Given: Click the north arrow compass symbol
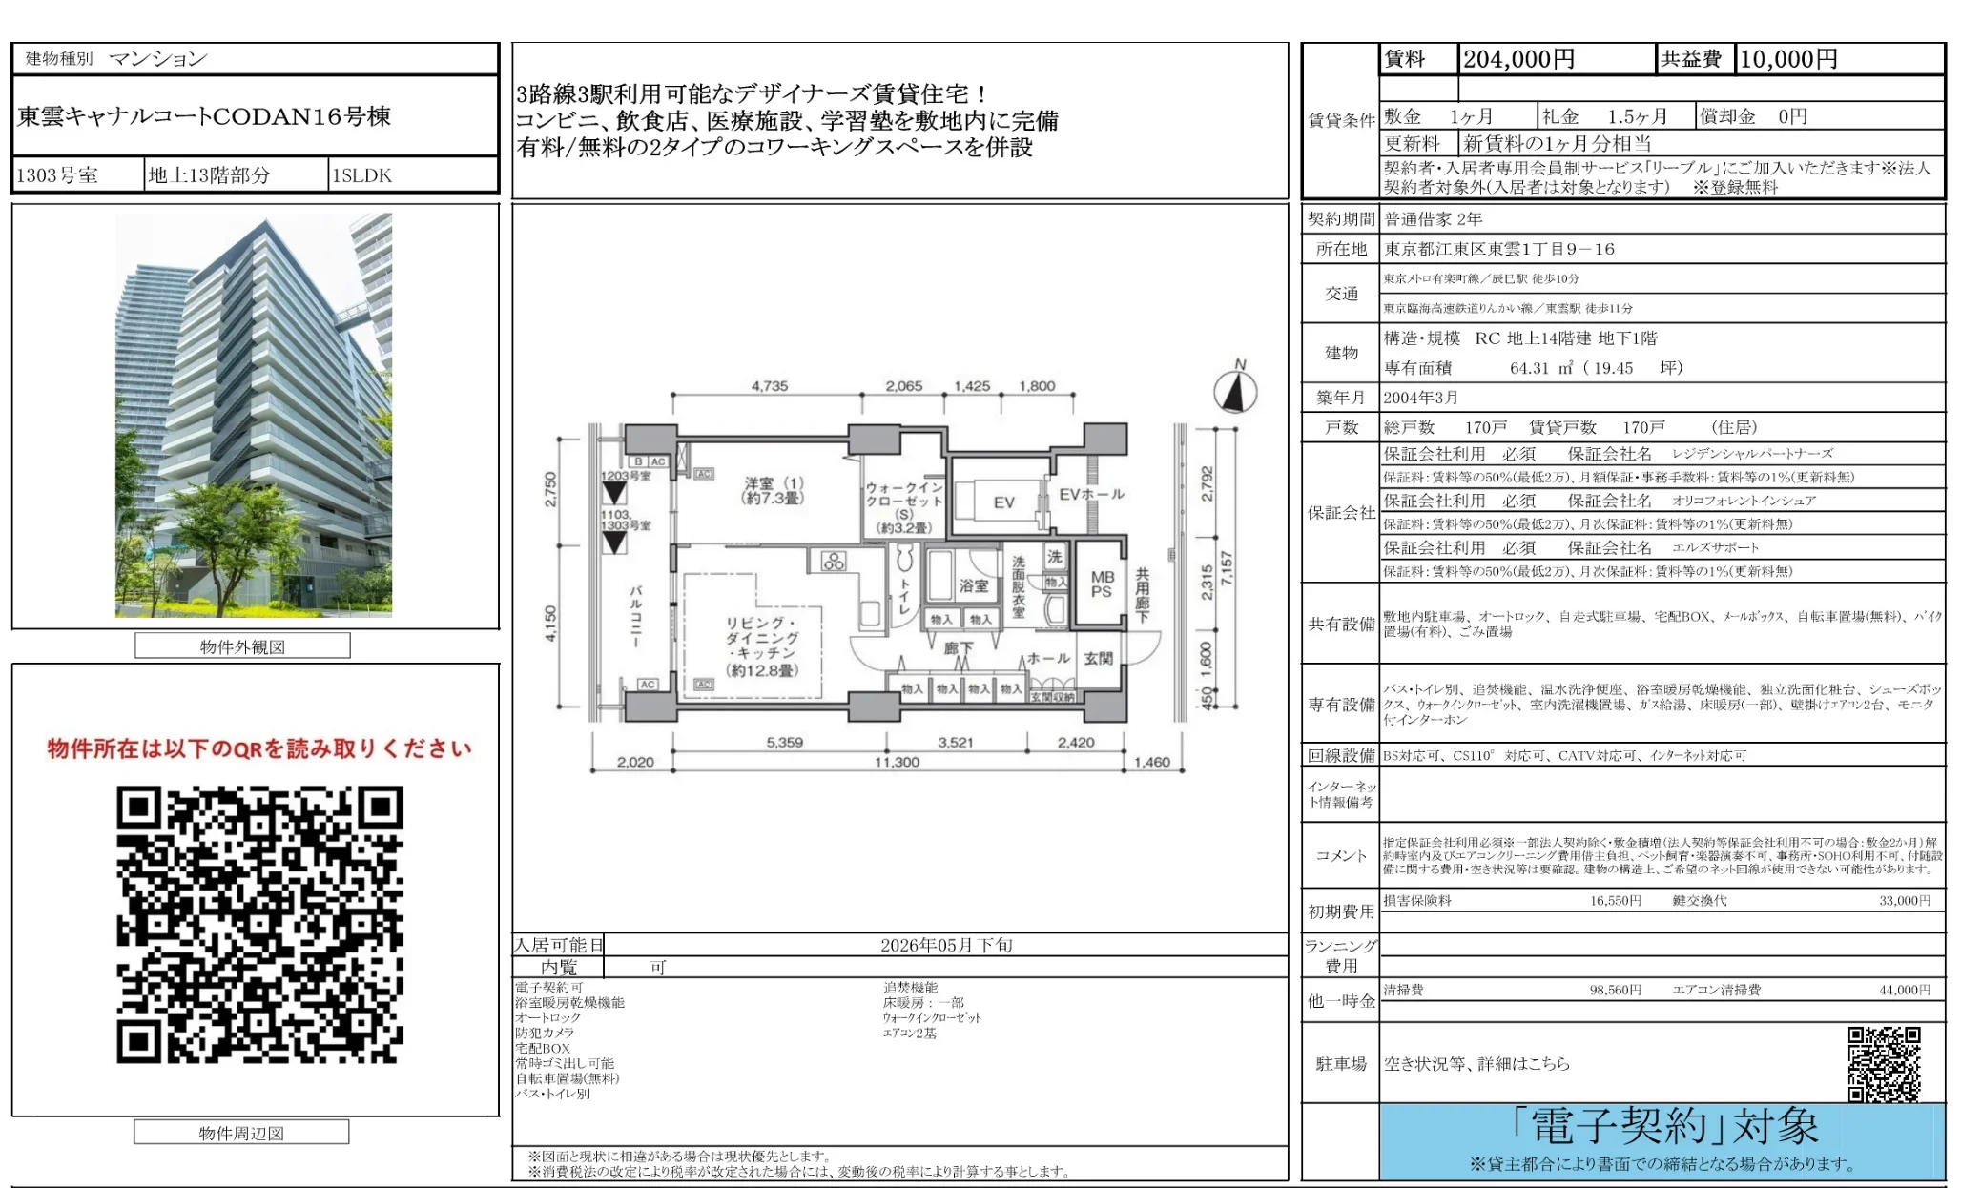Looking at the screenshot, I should pos(1235,391).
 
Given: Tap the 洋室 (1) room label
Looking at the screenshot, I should pos(774,490).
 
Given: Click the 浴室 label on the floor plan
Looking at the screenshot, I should pos(973,585).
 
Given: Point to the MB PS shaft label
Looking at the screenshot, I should pos(1102,584).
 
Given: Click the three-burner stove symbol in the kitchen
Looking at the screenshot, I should pos(833,562).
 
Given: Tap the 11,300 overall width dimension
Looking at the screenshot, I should pos(897,762).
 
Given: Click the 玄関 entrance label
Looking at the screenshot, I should pos(1098,658).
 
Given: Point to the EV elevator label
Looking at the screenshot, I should pos(1003,502).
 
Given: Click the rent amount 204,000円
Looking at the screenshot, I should pos(1518,59).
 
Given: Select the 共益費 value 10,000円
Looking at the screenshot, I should pos(1788,59).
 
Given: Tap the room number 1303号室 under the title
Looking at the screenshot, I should pos(57,175).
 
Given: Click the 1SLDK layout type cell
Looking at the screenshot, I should pos(361,175).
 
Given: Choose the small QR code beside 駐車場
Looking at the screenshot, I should pos(1884,1063).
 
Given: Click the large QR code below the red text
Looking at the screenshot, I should pos(259,924).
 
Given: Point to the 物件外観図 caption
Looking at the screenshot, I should pos(242,646).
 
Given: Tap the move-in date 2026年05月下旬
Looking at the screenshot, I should pos(946,945).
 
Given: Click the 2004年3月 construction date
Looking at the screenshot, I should pos(1420,398).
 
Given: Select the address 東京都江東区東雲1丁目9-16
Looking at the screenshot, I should pos(1499,249).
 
